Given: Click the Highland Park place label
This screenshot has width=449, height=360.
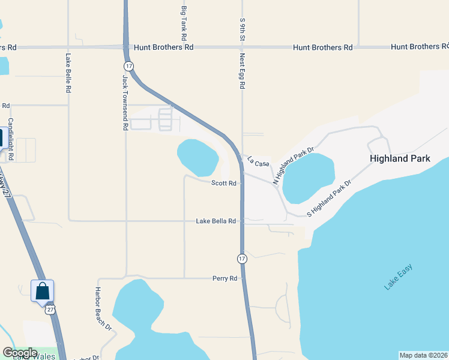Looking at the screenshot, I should [x=400, y=159].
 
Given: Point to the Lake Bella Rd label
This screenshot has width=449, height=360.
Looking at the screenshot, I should [x=215, y=221].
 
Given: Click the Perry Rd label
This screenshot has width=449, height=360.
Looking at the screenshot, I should [x=225, y=278].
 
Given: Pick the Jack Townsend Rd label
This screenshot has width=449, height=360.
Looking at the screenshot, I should [x=125, y=103].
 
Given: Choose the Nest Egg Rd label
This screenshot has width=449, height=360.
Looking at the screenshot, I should [x=243, y=71].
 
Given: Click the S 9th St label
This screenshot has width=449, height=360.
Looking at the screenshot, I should [x=243, y=29].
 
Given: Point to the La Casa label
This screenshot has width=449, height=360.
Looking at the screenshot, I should [x=259, y=161].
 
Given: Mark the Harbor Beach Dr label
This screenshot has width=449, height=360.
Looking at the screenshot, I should [x=103, y=308].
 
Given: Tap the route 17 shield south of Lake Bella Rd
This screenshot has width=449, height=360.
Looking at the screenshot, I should [x=241, y=258].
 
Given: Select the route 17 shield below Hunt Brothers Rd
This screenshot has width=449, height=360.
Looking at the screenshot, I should [x=128, y=65].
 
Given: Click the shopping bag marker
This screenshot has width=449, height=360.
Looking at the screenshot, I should [x=43, y=292].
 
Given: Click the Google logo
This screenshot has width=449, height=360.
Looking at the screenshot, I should [x=20, y=353].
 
